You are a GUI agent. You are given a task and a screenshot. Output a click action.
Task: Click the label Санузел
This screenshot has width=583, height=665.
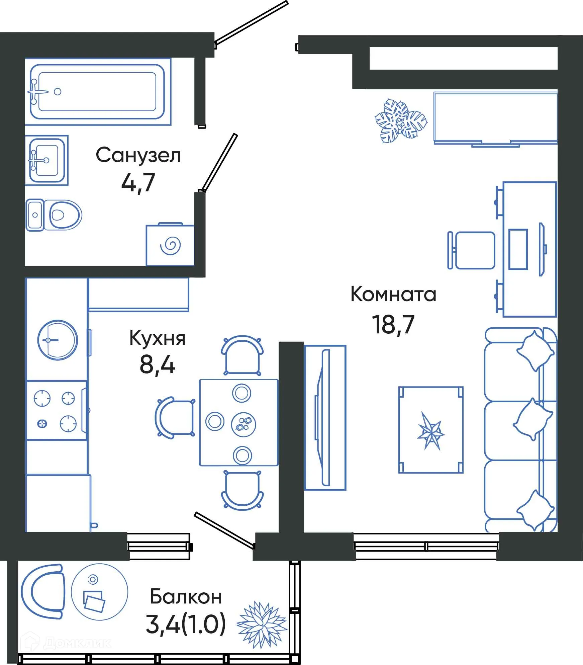click(138, 155)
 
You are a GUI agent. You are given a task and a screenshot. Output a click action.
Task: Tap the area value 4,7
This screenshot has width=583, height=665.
click(138, 183)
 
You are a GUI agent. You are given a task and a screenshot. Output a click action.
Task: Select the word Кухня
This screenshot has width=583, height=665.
click(157, 338)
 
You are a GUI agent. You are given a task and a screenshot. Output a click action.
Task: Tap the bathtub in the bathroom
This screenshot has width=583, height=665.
click(97, 92)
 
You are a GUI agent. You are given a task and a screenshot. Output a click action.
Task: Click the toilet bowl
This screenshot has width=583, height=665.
click(64, 215)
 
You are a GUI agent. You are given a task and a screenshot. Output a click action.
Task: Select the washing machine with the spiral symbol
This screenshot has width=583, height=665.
click(170, 245)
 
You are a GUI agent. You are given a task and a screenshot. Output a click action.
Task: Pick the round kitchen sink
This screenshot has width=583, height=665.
click(58, 340)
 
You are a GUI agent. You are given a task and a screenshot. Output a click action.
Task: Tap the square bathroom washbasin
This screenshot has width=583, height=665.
click(46, 160)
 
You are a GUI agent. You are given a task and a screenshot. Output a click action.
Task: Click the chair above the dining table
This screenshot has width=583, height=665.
click(242, 355)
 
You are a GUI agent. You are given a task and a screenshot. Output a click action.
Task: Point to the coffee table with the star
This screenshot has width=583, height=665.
click(431, 430)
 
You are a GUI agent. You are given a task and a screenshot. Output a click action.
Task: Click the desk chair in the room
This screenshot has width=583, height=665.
click(472, 250)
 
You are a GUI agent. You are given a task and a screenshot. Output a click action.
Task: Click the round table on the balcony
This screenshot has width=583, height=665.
click(99, 592)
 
